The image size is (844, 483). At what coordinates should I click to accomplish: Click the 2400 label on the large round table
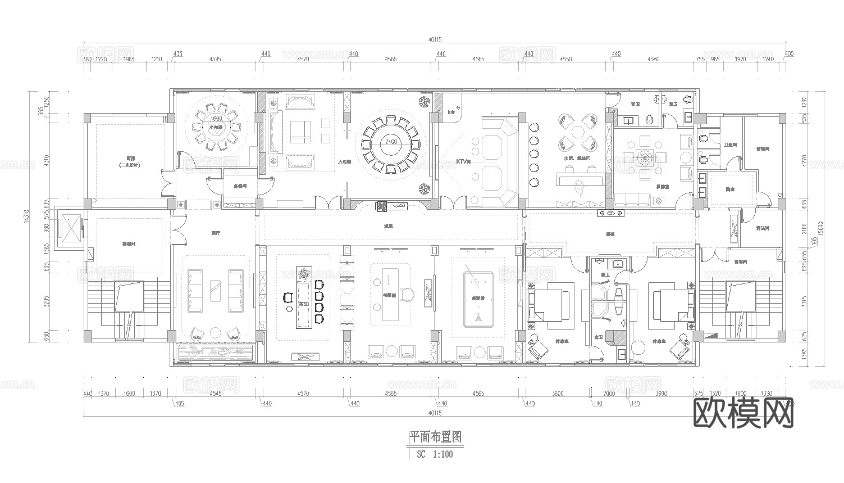pyautogui.click(x=391, y=142)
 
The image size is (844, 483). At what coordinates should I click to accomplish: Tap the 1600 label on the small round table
pyautogui.click(x=216, y=119)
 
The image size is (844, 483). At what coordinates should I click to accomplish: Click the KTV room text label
pyautogui.click(x=463, y=161)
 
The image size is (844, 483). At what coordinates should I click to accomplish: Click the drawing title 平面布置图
pyautogui.click(x=435, y=436)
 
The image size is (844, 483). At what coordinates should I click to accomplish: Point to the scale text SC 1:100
pyautogui.click(x=435, y=454)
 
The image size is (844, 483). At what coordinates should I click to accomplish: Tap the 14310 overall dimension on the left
pyautogui.click(x=26, y=217)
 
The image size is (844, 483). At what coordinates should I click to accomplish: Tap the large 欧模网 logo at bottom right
pyautogui.click(x=744, y=413)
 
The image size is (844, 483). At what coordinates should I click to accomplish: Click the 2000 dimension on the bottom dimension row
pyautogui.click(x=609, y=394)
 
